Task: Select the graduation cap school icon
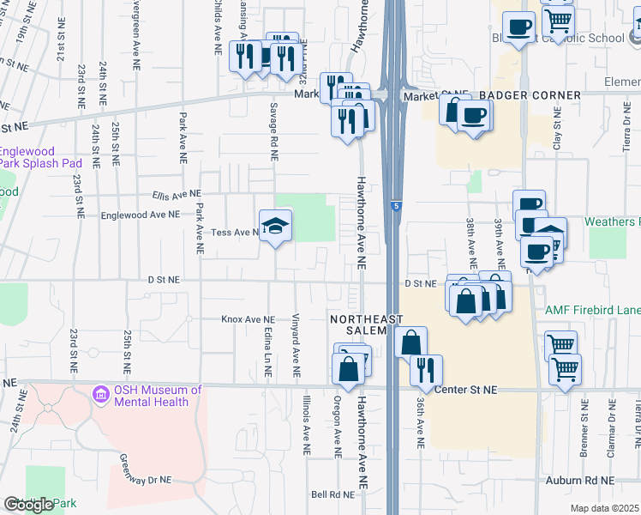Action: [276, 226]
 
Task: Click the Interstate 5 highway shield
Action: [395, 206]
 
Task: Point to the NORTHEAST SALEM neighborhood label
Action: [366, 325]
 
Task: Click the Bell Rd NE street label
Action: [332, 494]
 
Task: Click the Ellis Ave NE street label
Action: [176, 194]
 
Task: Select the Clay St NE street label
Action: [557, 131]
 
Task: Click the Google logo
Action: [29, 505]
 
